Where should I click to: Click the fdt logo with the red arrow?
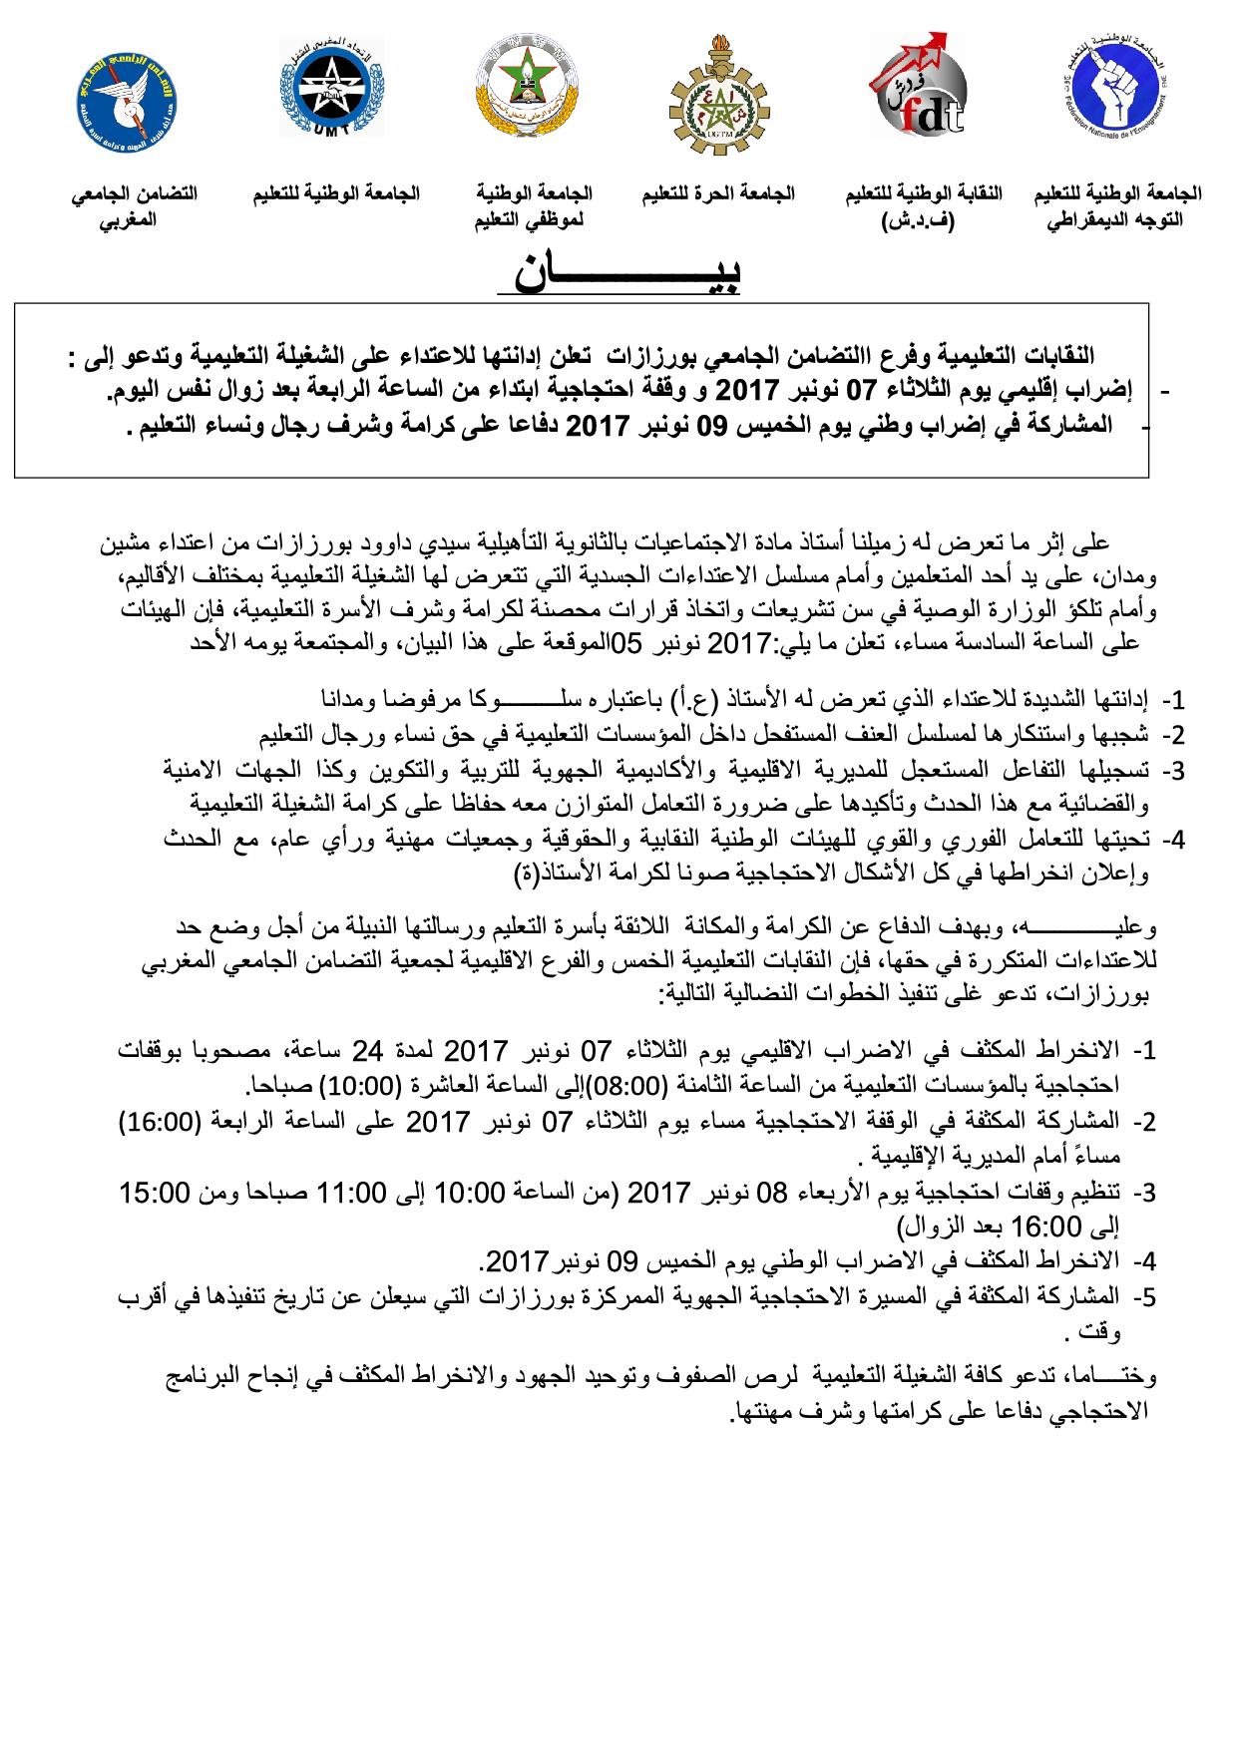pos(917,86)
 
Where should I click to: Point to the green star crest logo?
pos(524,88)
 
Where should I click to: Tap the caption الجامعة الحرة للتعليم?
pos(718,193)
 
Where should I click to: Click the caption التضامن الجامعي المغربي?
pos(133,205)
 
